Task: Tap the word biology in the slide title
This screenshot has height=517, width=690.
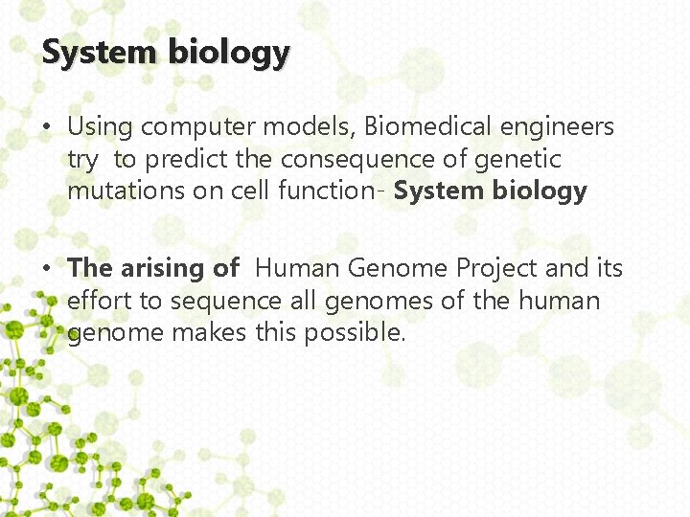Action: click(228, 54)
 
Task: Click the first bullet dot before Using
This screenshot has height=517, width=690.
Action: click(50, 127)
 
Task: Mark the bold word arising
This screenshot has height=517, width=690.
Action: click(179, 269)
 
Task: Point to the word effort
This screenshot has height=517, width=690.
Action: click(101, 302)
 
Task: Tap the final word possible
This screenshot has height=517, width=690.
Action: click(355, 333)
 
